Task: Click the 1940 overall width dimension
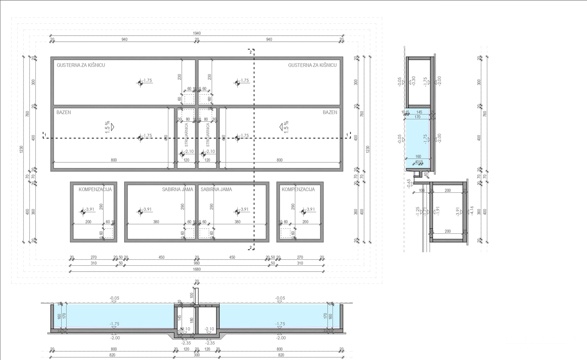pos(197,33)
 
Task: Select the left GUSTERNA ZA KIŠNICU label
pos(81,65)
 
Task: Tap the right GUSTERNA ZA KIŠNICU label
pos(312,65)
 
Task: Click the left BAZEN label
pos(64,112)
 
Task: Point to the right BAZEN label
pos(330,112)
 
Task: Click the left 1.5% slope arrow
pos(110,127)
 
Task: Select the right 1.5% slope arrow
pos(284,127)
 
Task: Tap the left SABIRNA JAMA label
pos(177,189)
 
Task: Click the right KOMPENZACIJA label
pos(298,189)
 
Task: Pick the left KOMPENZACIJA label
pos(95,189)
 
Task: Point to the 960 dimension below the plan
pos(197,263)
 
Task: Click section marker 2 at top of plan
pos(250,52)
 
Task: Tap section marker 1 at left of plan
pos(45,135)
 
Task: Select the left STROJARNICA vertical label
pos(187,135)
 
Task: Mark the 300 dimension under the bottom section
pos(197,355)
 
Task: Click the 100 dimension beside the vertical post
pos(192,295)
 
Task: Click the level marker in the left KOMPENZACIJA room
pos(83,212)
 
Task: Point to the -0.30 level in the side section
pos(414,81)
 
